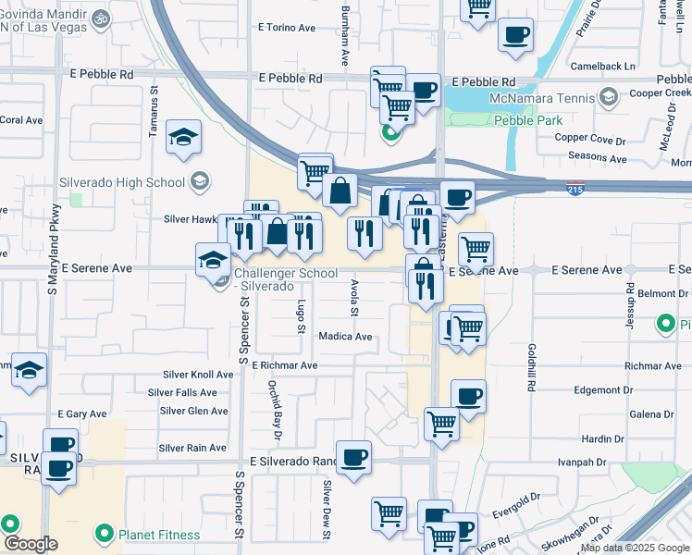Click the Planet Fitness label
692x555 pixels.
pyautogui.click(x=159, y=535)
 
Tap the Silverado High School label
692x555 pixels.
pyautogui.click(x=122, y=182)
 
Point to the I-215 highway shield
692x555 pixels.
pyautogui.click(x=576, y=189)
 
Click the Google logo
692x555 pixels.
pyautogui.click(x=31, y=544)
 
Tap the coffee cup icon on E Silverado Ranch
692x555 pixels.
pyautogui.click(x=353, y=458)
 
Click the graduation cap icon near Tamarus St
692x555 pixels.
pyautogui.click(x=184, y=138)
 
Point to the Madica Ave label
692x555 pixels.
pyautogui.click(x=345, y=337)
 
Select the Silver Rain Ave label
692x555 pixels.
pyautogui.click(x=192, y=448)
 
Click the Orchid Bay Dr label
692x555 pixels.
pyautogui.click(x=276, y=407)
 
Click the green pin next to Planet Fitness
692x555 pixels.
pyautogui.click(x=104, y=535)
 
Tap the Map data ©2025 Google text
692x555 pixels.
pyautogui.click(x=635, y=548)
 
